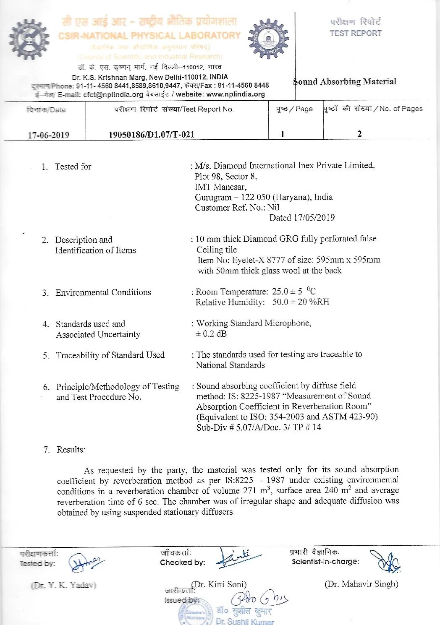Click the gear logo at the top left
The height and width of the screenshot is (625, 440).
coord(29,39)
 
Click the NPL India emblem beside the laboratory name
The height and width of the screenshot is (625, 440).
coord(268,39)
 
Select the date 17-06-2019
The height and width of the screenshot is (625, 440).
coord(48,135)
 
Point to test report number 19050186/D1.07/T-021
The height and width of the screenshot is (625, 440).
coord(152,135)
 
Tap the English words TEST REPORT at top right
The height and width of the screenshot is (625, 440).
coord(356,33)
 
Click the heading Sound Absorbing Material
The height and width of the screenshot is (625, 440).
coord(345,82)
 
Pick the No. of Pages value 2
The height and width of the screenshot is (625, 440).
coord(359,134)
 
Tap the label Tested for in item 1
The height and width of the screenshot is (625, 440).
coord(73,167)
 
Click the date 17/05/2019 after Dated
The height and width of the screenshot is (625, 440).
coord(314,218)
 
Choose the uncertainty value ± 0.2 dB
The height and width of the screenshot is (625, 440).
coord(211,334)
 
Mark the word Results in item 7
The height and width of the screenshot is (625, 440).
coord(71,450)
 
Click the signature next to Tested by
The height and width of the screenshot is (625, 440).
coord(86,562)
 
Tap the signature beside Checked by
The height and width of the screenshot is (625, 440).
coord(238,558)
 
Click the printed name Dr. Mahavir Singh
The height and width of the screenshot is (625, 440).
coord(361,584)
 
